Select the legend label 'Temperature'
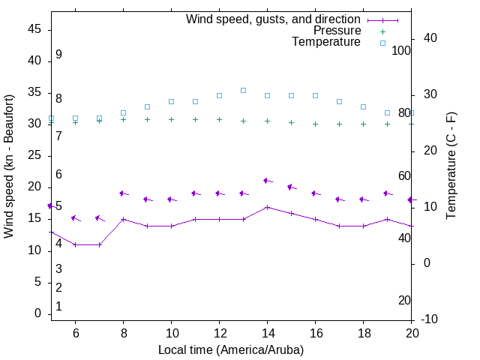click(x=326, y=42)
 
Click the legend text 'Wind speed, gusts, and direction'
click(x=274, y=19)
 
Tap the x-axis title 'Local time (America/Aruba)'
click(x=231, y=349)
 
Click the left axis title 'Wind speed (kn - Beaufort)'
click(x=10, y=166)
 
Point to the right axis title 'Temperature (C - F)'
click(x=451, y=166)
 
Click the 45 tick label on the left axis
click(x=34, y=29)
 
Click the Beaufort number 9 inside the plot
click(x=58, y=55)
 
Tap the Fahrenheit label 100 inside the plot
click(x=401, y=50)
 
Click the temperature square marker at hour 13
click(x=243, y=90)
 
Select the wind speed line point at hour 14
click(x=267, y=207)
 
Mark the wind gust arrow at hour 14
click(x=267, y=181)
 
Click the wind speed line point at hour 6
click(x=75, y=244)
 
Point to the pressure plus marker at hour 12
click(x=219, y=119)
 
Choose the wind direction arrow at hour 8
click(x=123, y=193)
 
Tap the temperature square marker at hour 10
click(x=171, y=101)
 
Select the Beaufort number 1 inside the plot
click(x=58, y=307)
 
